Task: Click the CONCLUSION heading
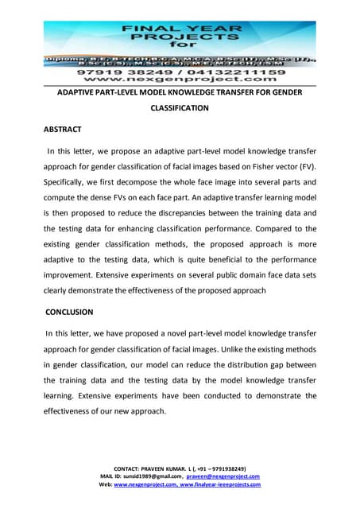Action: click(68, 312)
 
